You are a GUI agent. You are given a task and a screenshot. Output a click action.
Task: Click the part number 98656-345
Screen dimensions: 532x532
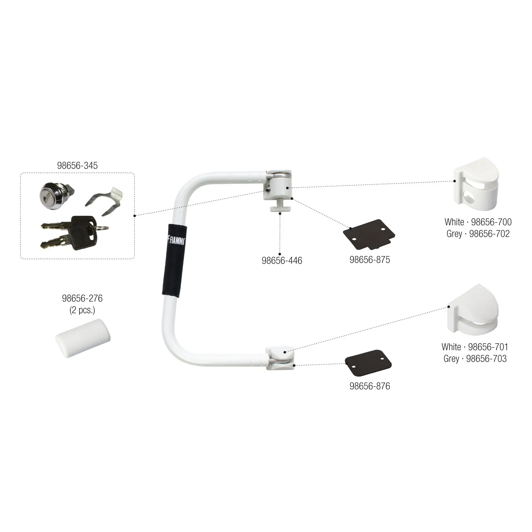(x=77, y=165)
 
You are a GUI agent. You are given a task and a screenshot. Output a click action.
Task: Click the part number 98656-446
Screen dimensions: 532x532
(x=282, y=260)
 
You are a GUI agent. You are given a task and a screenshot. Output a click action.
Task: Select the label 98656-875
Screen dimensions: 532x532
(x=370, y=260)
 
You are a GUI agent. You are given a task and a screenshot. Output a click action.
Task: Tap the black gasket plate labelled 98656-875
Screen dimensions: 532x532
(x=369, y=236)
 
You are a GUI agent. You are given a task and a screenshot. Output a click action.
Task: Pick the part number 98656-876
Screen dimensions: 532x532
(x=370, y=386)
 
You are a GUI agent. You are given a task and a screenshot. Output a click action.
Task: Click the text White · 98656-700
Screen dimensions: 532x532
(x=478, y=222)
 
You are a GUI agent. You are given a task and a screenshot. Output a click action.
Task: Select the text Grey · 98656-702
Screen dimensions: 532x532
(x=478, y=234)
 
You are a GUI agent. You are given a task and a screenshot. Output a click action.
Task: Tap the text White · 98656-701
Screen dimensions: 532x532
(x=475, y=347)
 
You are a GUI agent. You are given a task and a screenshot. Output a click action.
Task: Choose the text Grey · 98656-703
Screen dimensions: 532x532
(x=475, y=358)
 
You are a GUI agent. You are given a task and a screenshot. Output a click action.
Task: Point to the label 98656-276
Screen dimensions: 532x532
(x=82, y=298)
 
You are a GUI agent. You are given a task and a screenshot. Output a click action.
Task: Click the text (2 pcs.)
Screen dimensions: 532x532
(x=82, y=310)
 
